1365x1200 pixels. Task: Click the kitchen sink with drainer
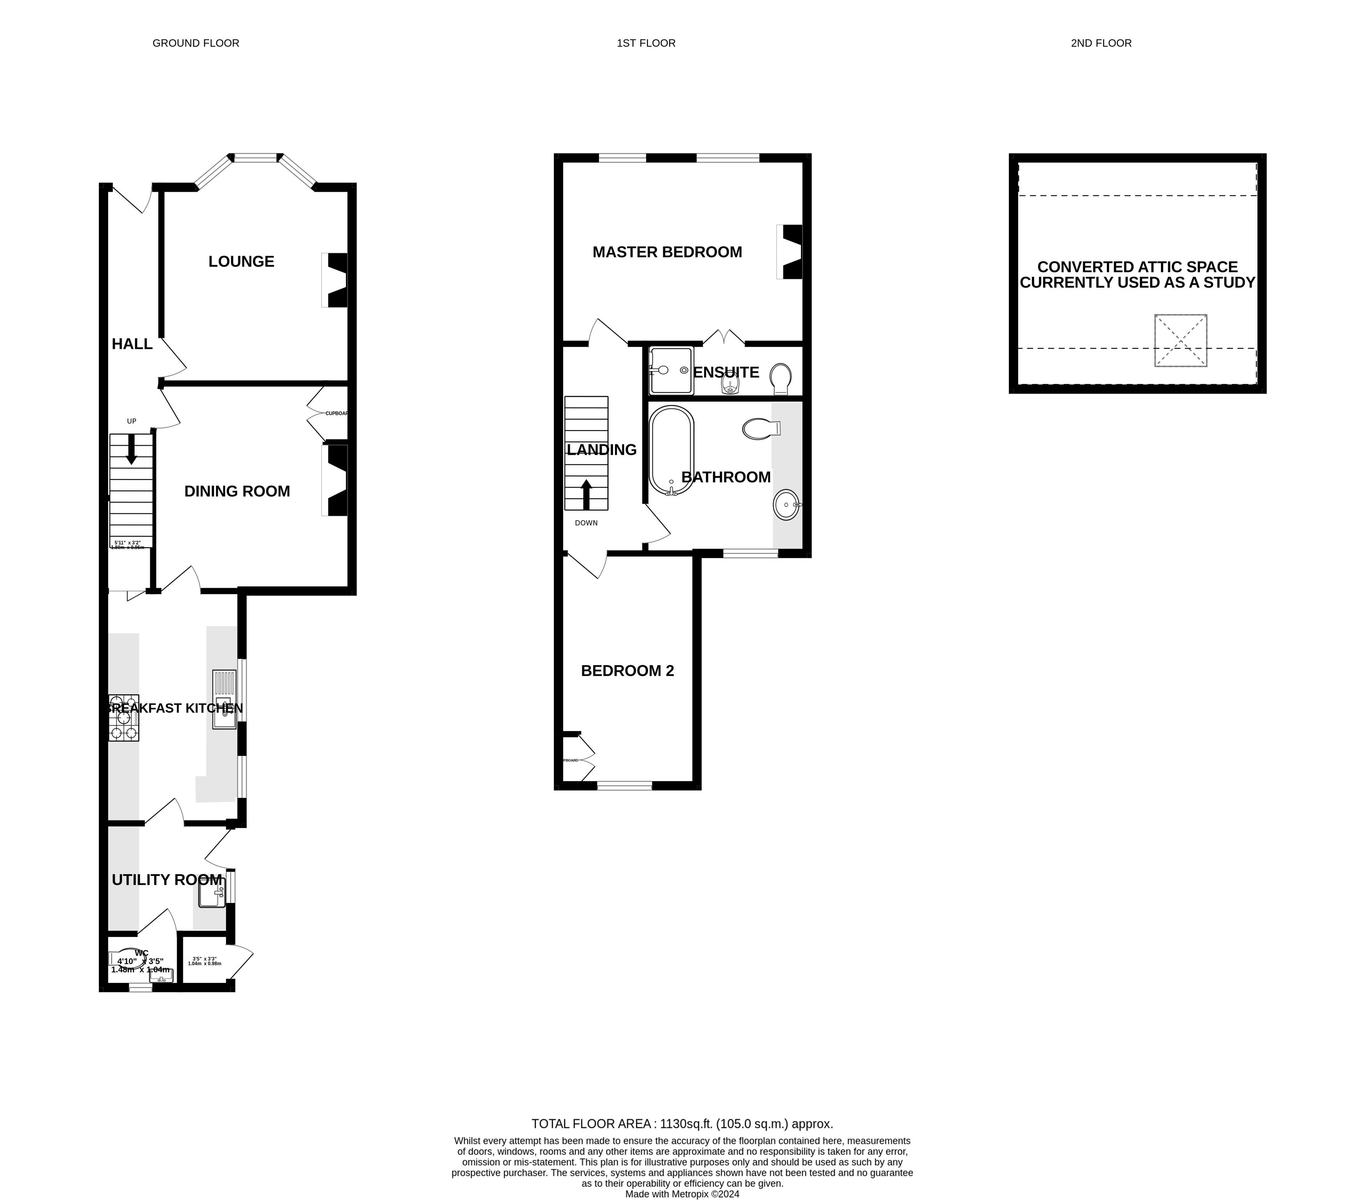224,699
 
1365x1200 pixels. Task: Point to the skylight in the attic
1181,341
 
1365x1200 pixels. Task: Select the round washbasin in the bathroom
786,505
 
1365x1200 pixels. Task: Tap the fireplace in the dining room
336,480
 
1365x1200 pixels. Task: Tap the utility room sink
211,893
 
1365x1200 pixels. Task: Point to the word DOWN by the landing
586,523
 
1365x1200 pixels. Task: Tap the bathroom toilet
760,429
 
